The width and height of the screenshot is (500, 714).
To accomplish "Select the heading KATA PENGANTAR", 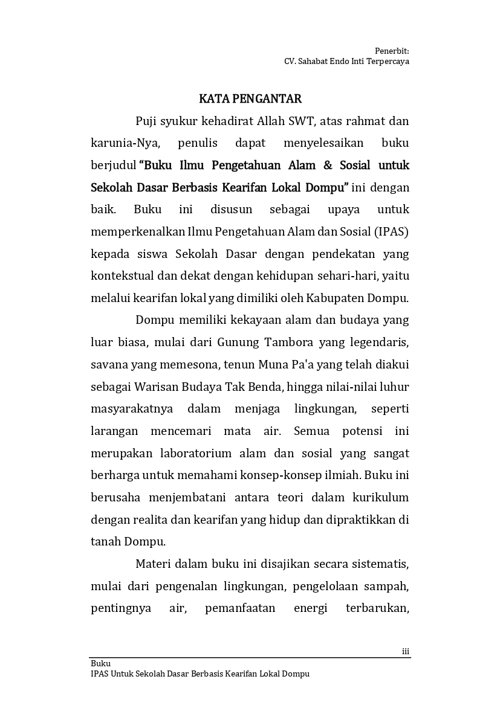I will click(x=250, y=98).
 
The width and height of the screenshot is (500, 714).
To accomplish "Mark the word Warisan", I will click(x=158, y=387).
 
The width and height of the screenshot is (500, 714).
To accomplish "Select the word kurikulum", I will click(x=380, y=498).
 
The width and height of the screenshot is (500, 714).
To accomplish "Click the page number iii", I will click(x=406, y=651).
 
